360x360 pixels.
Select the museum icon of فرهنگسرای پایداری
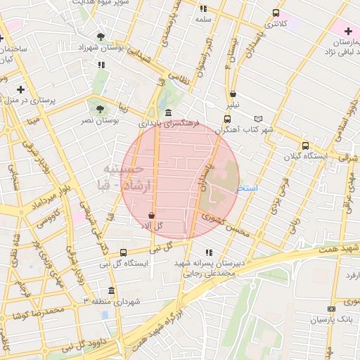point(167,112)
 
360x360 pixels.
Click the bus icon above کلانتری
point(275,13)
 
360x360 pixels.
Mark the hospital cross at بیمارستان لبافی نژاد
point(348,32)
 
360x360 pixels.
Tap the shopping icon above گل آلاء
point(152,215)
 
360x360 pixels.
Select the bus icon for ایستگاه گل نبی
point(124,252)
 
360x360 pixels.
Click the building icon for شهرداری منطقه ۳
point(111,290)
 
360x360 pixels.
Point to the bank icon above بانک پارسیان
point(331,309)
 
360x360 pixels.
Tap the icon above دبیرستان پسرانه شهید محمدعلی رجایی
point(207,252)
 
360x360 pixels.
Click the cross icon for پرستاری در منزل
point(20,89)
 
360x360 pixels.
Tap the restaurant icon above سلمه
point(203,9)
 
